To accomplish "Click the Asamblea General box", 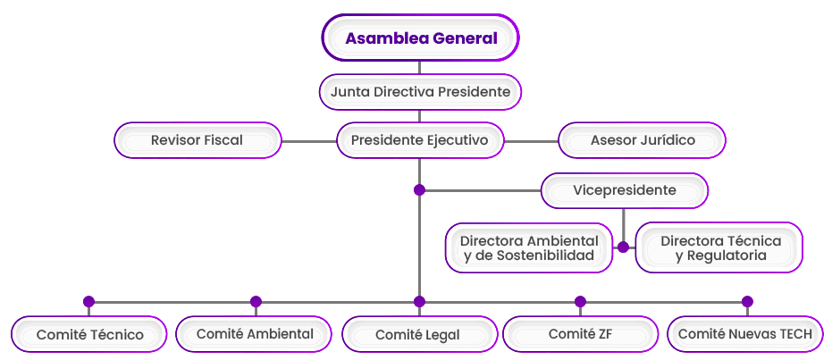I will pos(420,38).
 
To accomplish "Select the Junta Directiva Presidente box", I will pos(420,91).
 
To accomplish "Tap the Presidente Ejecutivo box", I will pos(420,140).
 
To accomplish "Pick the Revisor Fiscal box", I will pos(197,140).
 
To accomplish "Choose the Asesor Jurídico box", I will pos(642,140).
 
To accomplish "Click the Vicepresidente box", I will pos(624,190).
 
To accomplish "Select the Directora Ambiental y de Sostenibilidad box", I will pos(528,247).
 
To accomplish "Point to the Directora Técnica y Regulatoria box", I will pos(719,247).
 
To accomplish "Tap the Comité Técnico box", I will pos(89,335).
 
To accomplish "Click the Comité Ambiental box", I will pos(255,334).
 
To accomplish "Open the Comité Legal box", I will pos(418,335).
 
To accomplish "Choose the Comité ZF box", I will pos(580,334).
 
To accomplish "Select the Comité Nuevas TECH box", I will pos(745,334).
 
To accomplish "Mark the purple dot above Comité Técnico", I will pos(88,302).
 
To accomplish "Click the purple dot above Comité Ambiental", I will pos(256,302).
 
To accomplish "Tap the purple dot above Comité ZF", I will pos(580,302).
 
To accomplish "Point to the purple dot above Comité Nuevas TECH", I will pos(747,302).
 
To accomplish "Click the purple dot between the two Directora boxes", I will pos(623,247).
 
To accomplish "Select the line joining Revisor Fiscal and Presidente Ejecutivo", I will pos(309,141).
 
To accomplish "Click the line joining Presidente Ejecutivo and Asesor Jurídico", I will pos(531,141).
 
